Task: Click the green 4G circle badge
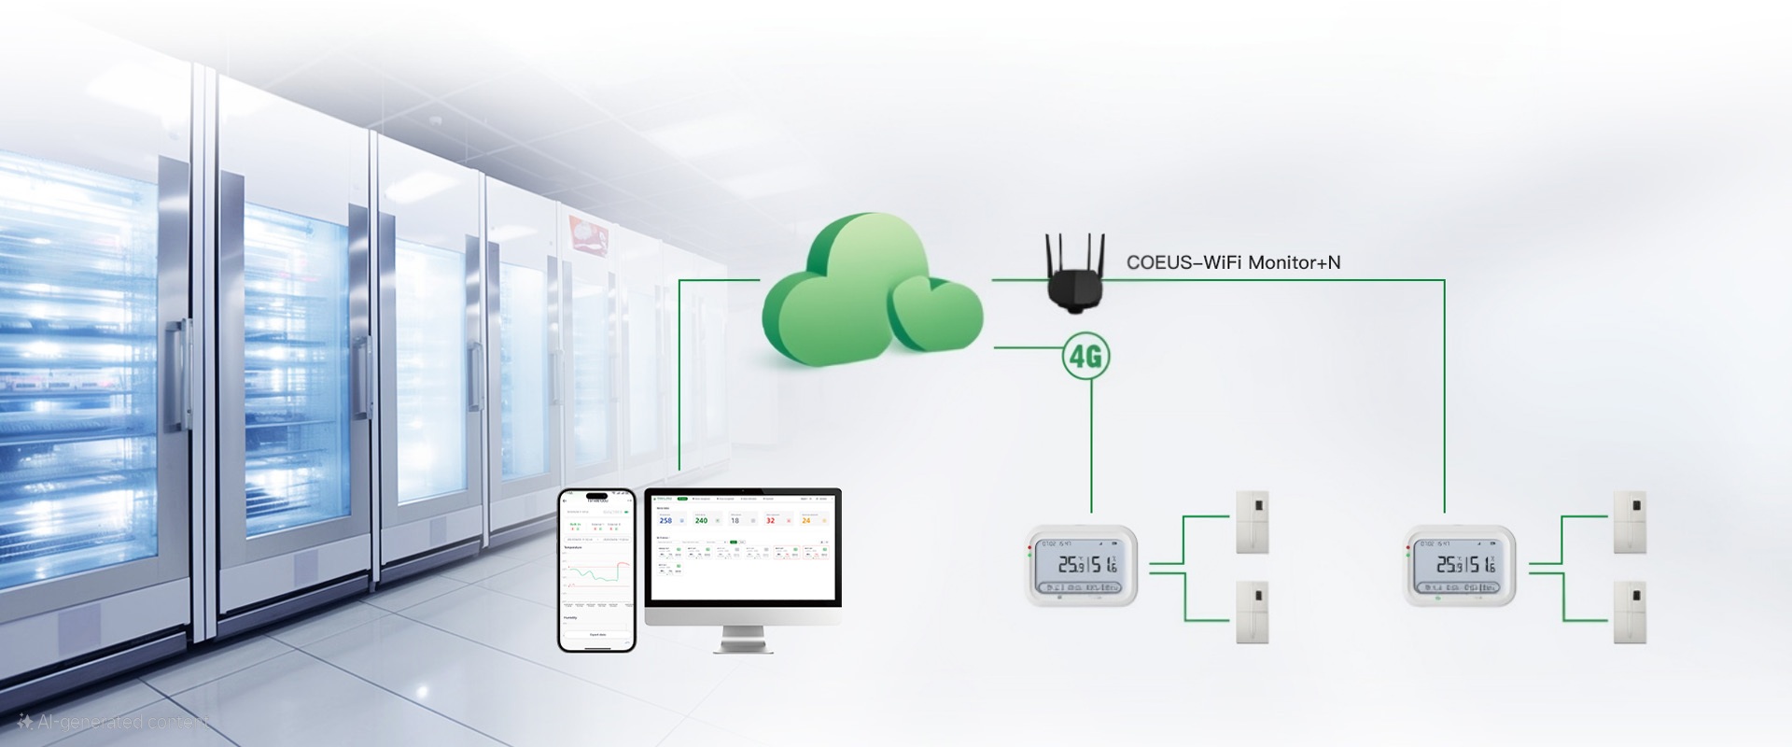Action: pyautogui.click(x=1085, y=356)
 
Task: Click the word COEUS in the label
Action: pyautogui.click(x=1159, y=262)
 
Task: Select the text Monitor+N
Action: pyautogui.click(x=1295, y=262)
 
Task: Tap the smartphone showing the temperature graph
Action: pyautogui.click(x=597, y=570)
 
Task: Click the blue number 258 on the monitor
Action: pyautogui.click(x=665, y=520)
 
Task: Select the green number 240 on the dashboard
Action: pyautogui.click(x=701, y=520)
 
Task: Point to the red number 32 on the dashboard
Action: pyautogui.click(x=770, y=520)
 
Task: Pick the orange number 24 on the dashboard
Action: pyautogui.click(x=806, y=520)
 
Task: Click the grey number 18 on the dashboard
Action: pyautogui.click(x=735, y=520)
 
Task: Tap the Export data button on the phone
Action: pyautogui.click(x=597, y=635)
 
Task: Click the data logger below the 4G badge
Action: pyautogui.click(x=1083, y=566)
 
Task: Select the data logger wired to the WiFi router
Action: pyautogui.click(x=1461, y=566)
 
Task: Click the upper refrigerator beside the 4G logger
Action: pyautogui.click(x=1253, y=522)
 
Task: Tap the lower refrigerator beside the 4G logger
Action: pyautogui.click(x=1253, y=613)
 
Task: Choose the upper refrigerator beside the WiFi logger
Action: pyautogui.click(x=1630, y=522)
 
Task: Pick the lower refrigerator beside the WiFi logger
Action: pyautogui.click(x=1630, y=613)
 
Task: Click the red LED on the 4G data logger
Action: pyautogui.click(x=1029, y=545)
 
